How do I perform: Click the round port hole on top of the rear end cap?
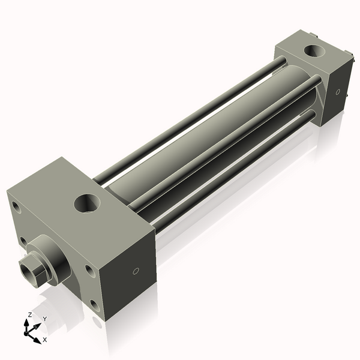[313, 52]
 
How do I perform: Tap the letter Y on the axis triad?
[44, 319]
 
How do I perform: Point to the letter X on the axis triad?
[45, 340]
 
